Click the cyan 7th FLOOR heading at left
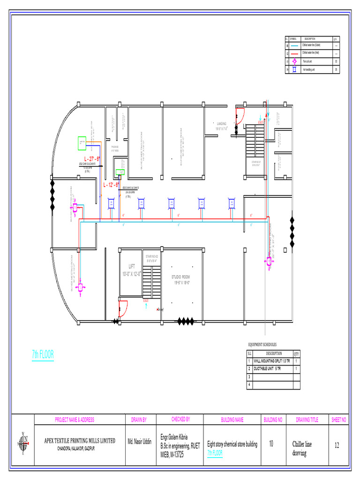43,355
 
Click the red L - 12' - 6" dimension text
111,185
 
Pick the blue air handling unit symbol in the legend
294,69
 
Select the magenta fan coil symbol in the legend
294,61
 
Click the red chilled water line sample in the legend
294,53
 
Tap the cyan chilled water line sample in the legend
294,45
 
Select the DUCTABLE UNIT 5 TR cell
267,369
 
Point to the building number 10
271,444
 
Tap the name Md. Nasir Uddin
139,442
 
